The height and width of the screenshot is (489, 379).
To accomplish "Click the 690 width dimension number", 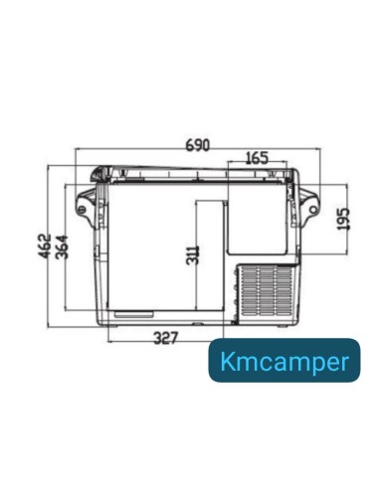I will (197, 145).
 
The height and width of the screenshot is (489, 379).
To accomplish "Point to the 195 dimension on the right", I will (343, 219).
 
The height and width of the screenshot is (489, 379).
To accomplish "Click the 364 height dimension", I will (62, 245).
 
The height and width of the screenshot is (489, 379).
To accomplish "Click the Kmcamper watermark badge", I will (284, 361).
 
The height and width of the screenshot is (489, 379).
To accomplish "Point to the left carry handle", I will (88, 204).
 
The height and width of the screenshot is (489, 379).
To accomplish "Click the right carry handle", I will (310, 204).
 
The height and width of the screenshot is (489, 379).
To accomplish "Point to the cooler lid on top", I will (197, 173).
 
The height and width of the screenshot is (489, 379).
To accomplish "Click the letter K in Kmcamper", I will (225, 361).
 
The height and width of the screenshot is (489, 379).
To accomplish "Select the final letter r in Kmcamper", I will (344, 362).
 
